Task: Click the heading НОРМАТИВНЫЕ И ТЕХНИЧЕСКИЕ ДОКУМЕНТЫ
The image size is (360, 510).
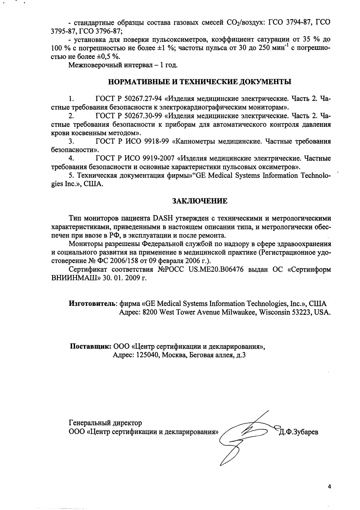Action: pos(199,82)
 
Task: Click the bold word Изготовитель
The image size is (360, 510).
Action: pos(93,304)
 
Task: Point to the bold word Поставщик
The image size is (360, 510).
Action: pos(91,347)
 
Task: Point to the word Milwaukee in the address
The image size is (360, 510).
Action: pos(239,312)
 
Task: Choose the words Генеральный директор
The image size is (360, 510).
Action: pos(105,422)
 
